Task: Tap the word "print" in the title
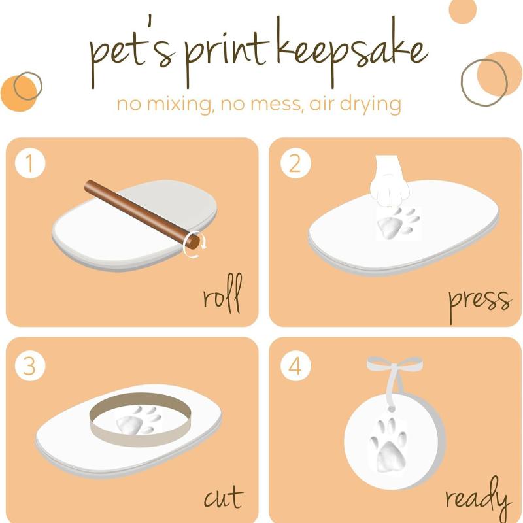pos(227,57)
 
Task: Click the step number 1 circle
pos(30,163)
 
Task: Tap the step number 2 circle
pos(295,163)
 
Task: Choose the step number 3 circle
pos(30,365)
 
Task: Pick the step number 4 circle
pos(295,365)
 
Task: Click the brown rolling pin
pos(143,214)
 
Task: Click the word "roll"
pos(222,294)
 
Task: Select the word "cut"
pos(224,497)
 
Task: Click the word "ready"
pos(478,497)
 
